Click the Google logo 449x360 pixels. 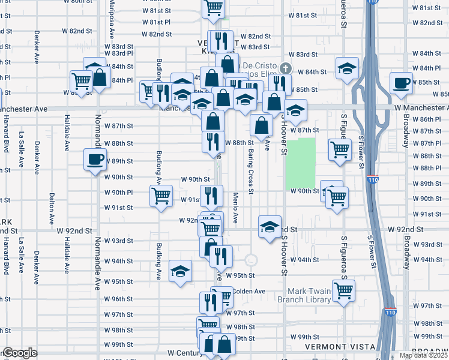click(19, 353)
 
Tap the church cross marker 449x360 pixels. click(285, 68)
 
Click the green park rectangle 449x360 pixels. click(300, 163)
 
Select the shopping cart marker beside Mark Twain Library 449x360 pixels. click(343, 291)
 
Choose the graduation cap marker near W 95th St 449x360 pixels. click(180, 272)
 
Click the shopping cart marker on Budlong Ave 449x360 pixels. click(161, 196)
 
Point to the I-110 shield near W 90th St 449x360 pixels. click(372, 178)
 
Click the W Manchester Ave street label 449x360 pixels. click(421, 107)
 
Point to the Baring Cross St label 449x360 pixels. click(250, 170)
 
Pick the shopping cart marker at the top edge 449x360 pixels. click(214, 7)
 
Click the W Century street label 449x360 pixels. click(182, 353)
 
